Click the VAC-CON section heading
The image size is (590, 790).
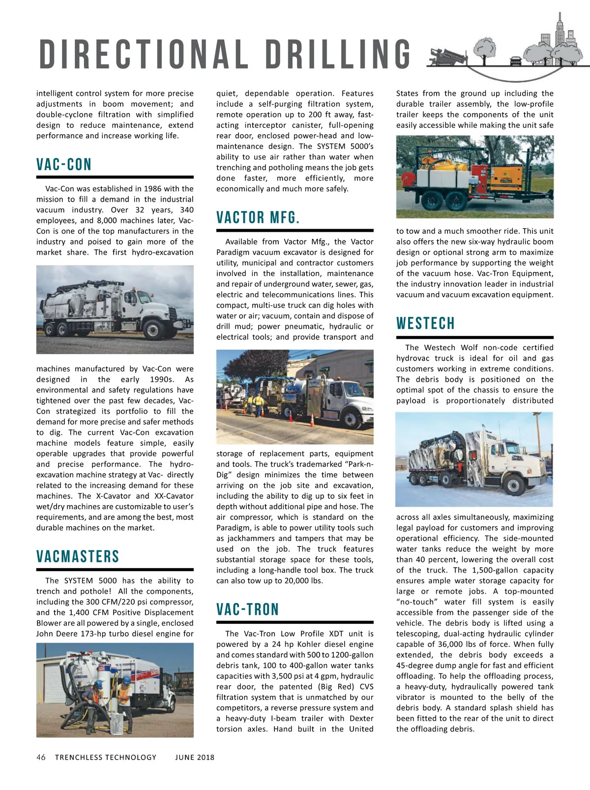pyautogui.click(x=64, y=165)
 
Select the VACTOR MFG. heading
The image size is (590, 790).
pyautogui.click(x=258, y=218)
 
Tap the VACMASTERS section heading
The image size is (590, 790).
pyautogui.click(x=78, y=557)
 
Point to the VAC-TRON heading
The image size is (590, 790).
pyautogui.click(x=248, y=610)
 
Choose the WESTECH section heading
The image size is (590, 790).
pyautogui.click(x=426, y=324)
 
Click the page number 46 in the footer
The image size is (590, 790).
pyautogui.click(x=41, y=758)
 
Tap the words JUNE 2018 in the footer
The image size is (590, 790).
pyautogui.click(x=195, y=758)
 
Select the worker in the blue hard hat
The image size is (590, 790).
pyautogui.click(x=97, y=694)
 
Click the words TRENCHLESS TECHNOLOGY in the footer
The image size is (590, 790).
pyautogui.click(x=106, y=758)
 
